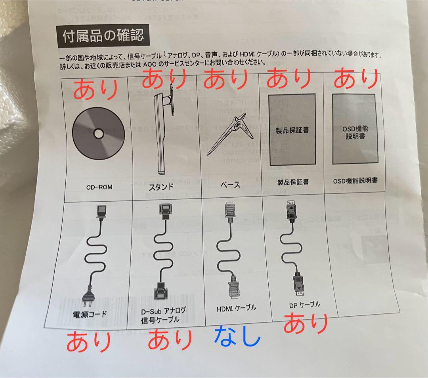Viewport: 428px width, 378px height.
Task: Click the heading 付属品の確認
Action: point(103,36)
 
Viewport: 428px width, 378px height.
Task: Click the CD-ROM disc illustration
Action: point(98,132)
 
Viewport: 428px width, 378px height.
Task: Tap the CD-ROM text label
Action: point(99,187)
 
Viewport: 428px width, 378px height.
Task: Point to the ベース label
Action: point(230,185)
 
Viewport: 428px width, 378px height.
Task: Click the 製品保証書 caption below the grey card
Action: point(293,182)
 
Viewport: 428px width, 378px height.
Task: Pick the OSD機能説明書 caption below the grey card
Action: point(355,181)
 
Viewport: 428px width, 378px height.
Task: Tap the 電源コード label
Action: point(90,315)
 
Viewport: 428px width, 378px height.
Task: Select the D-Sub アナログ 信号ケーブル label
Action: point(163,315)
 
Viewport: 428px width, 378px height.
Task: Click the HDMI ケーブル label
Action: point(236,307)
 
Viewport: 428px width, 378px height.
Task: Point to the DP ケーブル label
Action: point(304,305)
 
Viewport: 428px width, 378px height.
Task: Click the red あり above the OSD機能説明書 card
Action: point(355,80)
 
